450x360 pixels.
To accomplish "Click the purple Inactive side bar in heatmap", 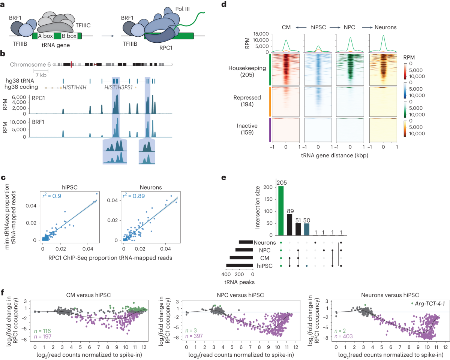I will (270, 130).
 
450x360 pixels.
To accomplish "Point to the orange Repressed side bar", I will (270, 101).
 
